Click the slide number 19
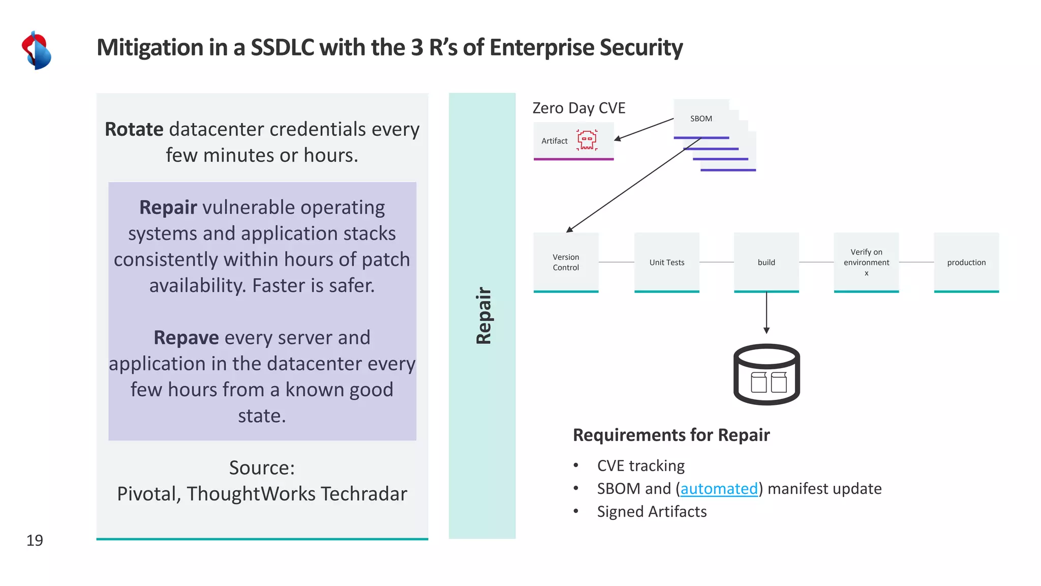click(x=35, y=540)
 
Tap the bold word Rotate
click(x=134, y=129)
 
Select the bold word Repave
click(x=186, y=338)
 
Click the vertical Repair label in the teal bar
click(x=483, y=315)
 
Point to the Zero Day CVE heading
click(x=578, y=108)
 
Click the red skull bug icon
click(x=587, y=140)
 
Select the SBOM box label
click(x=701, y=119)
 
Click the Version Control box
click(x=566, y=262)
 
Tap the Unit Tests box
click(x=666, y=262)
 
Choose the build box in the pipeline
click(x=766, y=262)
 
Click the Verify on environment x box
click(x=866, y=262)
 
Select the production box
click(x=966, y=262)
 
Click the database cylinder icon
click(x=767, y=374)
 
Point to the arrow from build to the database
click(x=767, y=313)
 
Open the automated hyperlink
click(x=719, y=488)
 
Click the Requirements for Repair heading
click(x=671, y=435)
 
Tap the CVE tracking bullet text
click(x=640, y=465)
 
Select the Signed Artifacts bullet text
click(x=652, y=511)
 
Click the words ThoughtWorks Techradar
click(x=297, y=493)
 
